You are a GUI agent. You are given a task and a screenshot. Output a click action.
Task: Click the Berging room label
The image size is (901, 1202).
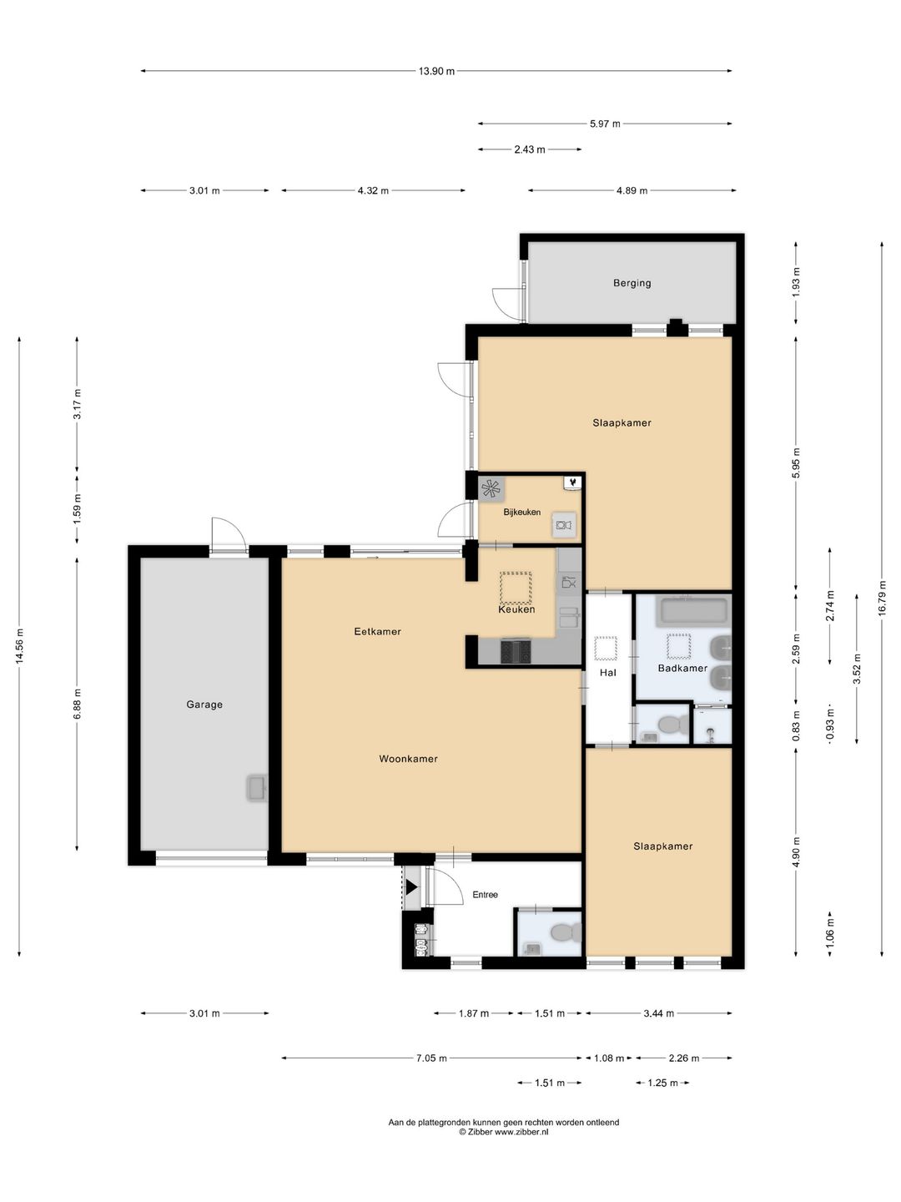click(632, 283)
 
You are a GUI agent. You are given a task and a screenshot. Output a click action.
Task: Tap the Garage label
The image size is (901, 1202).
click(204, 705)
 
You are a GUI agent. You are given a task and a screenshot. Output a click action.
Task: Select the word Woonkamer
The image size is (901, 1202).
click(408, 759)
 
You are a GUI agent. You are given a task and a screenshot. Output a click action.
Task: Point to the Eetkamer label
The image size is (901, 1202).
click(377, 632)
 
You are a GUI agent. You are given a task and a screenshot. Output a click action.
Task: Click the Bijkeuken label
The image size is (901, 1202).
click(521, 513)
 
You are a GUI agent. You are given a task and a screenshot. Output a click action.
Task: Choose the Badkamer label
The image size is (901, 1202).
click(682, 668)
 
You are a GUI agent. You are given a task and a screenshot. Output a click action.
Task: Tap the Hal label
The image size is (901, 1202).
click(607, 672)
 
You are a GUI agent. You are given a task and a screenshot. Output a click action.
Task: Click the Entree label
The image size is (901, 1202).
click(485, 895)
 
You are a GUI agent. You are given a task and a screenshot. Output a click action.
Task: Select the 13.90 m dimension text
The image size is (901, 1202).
click(436, 72)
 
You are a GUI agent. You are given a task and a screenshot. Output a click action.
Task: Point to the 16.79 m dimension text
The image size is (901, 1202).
click(882, 598)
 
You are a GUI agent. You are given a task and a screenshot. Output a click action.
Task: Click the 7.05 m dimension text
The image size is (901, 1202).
click(431, 1058)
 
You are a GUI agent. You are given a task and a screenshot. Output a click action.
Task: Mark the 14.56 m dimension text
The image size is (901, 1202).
click(19, 647)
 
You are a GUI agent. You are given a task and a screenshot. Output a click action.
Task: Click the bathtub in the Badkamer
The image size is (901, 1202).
click(692, 610)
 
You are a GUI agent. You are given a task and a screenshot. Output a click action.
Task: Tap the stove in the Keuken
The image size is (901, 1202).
click(516, 651)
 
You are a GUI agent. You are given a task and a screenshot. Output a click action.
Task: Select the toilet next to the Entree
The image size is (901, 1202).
click(566, 931)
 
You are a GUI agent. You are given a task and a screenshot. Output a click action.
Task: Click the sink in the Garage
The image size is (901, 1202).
click(257, 787)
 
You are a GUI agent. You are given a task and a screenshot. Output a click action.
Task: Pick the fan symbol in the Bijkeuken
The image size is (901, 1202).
click(491, 487)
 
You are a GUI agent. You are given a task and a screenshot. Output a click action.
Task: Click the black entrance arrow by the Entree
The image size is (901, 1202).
click(410, 887)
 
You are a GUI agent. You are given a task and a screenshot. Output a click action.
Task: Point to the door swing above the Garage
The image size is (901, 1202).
click(227, 533)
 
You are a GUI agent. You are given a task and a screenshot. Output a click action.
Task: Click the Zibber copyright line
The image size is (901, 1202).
click(503, 1132)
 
